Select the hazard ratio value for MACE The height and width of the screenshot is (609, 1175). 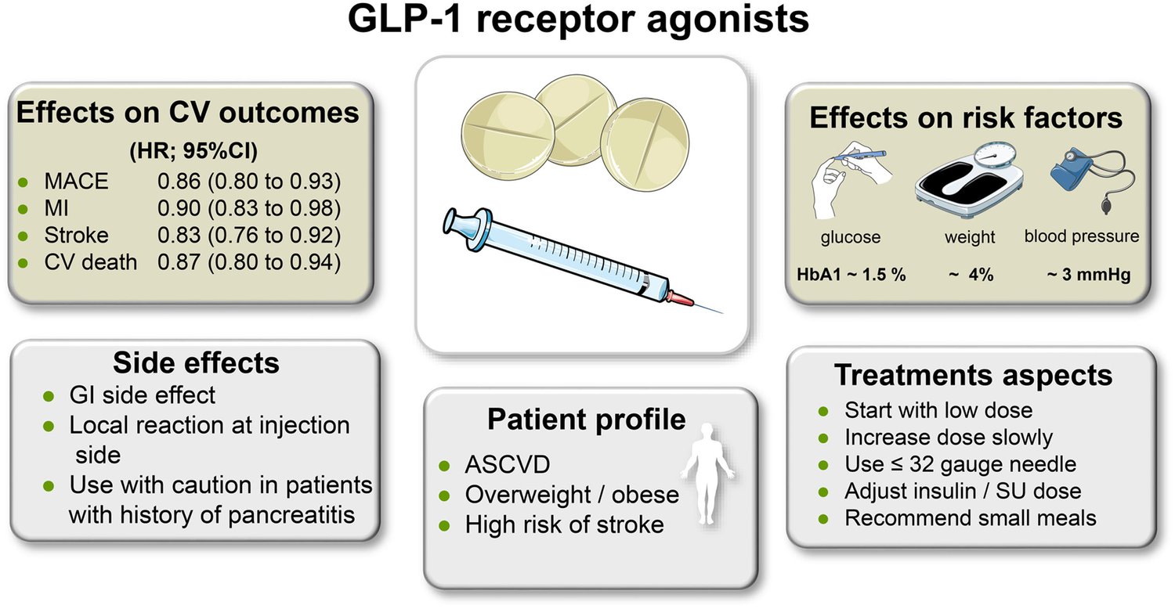249,182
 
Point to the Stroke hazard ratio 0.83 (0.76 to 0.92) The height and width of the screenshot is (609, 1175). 249,235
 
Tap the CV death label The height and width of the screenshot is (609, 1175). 91,261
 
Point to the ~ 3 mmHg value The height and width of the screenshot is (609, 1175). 1088,276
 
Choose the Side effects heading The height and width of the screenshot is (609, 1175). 196,363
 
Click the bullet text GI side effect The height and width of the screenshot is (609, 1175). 143,395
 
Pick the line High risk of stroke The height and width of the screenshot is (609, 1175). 564,524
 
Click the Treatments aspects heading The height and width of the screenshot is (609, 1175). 973,375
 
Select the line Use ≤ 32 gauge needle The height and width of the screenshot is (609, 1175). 960,463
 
